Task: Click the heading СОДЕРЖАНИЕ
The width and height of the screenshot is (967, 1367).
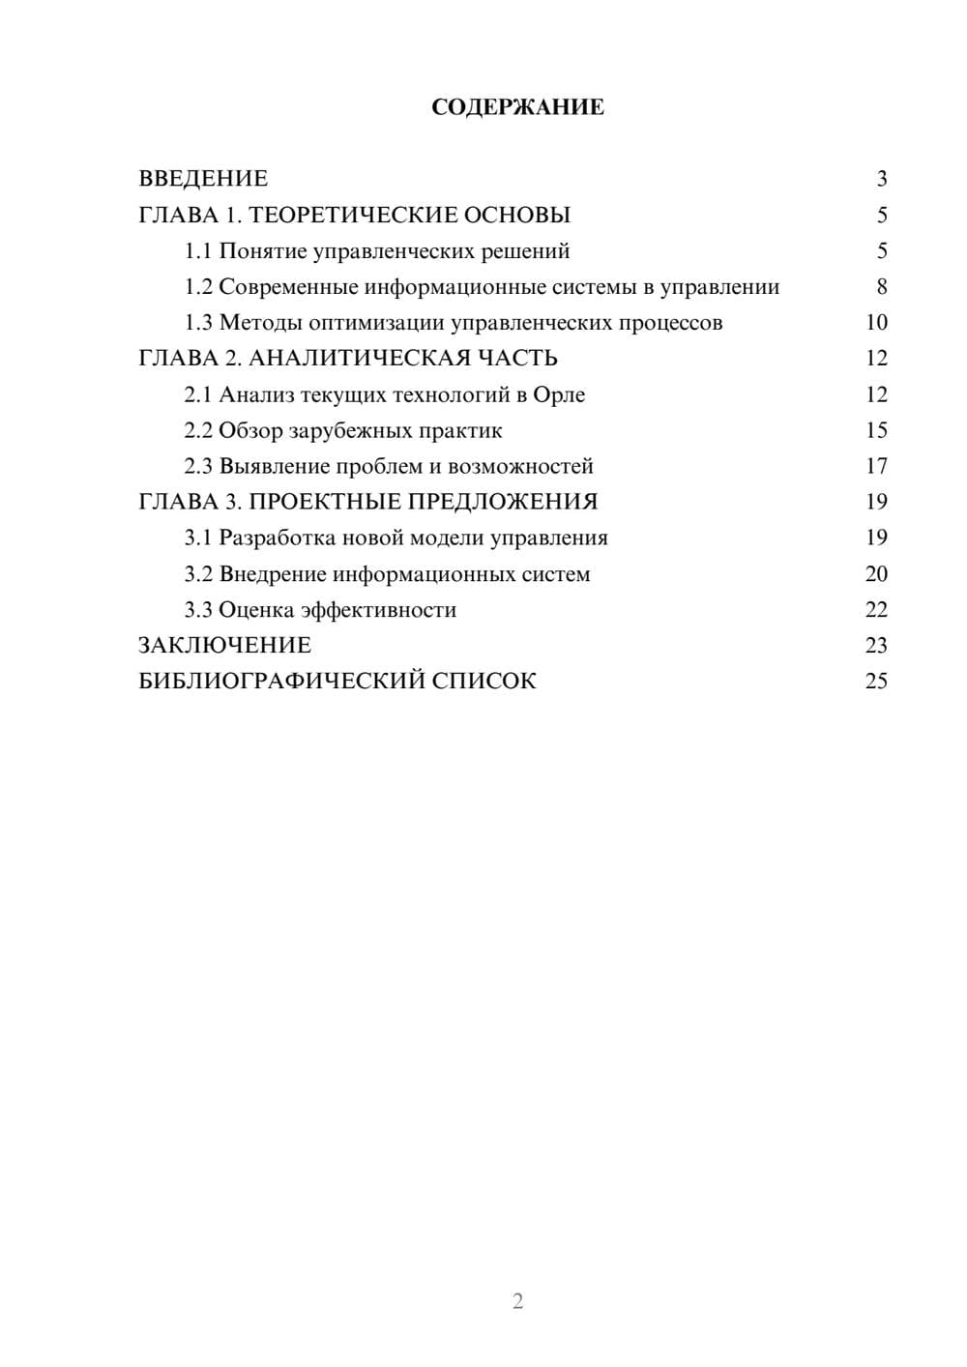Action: tap(517, 107)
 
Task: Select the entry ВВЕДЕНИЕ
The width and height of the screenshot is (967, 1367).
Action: tap(203, 179)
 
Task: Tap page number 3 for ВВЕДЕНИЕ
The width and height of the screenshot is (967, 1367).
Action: tap(881, 179)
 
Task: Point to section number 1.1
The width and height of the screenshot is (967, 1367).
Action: tap(197, 251)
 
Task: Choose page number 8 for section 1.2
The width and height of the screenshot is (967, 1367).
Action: tap(881, 287)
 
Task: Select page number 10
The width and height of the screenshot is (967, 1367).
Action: tap(876, 323)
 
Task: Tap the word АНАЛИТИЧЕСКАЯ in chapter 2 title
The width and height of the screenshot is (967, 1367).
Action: tap(355, 359)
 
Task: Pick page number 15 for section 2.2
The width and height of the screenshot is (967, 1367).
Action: tap(876, 430)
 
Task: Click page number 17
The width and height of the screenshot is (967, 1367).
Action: tap(876, 466)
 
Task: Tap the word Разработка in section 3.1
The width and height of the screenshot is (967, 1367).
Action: tap(278, 538)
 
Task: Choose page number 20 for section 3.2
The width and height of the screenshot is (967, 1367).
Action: tap(876, 574)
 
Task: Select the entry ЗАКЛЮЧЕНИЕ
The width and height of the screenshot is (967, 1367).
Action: tap(224, 646)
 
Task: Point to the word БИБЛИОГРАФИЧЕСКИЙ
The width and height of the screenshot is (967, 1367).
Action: tap(281, 682)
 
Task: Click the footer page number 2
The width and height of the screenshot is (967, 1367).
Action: tap(517, 1301)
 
